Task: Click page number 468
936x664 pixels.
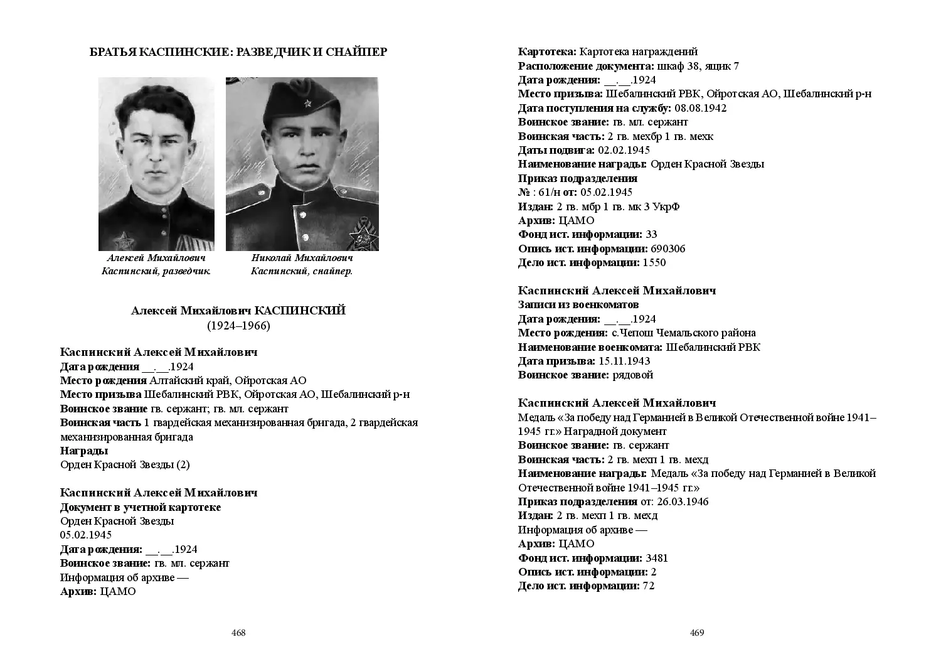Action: coord(238,633)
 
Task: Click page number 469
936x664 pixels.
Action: coord(697,633)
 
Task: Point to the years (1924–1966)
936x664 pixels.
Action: coord(238,325)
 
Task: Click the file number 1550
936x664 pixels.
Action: coord(654,262)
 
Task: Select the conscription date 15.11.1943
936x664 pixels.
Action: coord(624,361)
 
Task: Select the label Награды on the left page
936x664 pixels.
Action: coord(84,451)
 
